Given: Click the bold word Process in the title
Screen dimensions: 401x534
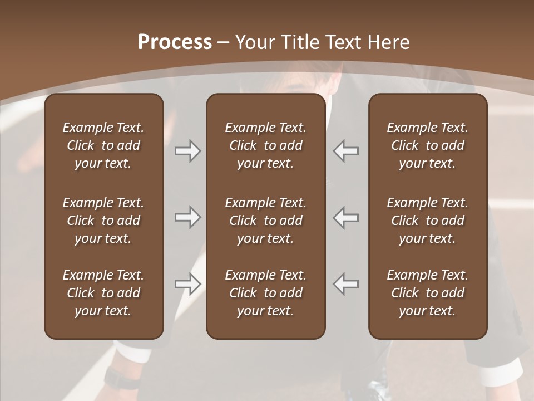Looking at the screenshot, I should pos(175,42).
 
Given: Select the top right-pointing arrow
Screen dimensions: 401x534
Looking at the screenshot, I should pos(187,151).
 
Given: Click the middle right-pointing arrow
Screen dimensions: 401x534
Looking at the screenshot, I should pos(187,217).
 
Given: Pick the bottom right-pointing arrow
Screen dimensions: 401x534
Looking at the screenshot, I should pos(187,284).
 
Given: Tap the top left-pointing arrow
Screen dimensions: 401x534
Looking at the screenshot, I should pos(345,151).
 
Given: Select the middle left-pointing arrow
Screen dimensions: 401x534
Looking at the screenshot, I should pos(345,217).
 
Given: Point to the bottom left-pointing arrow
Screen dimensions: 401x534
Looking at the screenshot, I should pos(345,284).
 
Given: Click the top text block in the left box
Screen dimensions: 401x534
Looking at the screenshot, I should pos(103,145).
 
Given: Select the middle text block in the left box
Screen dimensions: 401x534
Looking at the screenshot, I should pos(103,221).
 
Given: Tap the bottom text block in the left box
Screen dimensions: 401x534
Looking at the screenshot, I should pos(103,293).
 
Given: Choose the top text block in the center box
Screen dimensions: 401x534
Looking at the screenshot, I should pos(265,145).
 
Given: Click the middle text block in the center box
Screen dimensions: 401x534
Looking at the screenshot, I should pos(265,221).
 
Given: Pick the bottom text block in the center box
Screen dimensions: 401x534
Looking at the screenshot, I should pos(265,293).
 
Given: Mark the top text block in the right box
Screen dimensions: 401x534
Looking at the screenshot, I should pos(427,145).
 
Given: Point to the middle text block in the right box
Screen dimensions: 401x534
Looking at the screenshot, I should pos(427,221).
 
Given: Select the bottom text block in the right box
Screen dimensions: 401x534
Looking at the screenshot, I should pos(427,293).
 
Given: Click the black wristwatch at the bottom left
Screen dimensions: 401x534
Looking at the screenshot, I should pos(120,379).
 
